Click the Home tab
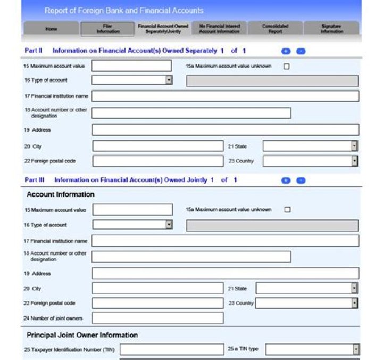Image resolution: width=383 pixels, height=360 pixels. point(51,29)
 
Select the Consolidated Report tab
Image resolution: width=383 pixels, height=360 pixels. point(275,29)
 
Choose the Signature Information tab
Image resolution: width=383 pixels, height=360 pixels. point(331,29)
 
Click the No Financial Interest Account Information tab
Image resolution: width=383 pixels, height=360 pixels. point(219,29)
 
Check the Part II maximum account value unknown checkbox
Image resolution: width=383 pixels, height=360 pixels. point(287,67)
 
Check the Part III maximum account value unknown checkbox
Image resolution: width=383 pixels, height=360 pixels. point(287,210)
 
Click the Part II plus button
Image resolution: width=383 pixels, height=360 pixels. point(286,51)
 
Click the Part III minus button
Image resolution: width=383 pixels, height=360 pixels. point(301,181)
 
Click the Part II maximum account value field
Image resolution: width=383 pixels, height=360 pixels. point(132,66)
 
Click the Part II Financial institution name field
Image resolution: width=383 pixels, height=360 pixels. point(225,96)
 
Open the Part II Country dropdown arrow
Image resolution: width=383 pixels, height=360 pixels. point(354,161)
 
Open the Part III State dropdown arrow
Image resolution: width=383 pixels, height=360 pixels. point(354,288)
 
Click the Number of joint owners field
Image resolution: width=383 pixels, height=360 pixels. point(157,318)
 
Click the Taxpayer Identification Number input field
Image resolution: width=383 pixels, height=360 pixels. point(172,349)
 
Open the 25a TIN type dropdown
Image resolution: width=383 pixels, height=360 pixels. point(312,349)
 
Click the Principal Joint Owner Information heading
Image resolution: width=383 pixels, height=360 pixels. point(82,335)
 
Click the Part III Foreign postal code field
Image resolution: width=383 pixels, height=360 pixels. point(157,303)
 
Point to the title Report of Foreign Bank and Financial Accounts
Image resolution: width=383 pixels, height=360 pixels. point(123,11)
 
